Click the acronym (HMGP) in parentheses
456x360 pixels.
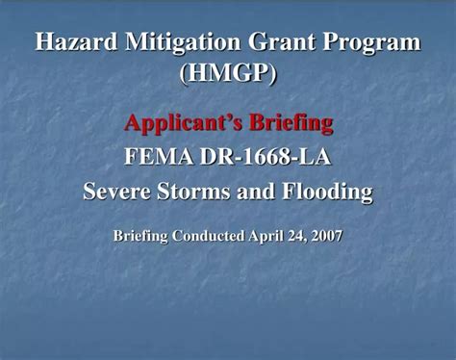tap(228, 74)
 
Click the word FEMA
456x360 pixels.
tap(160, 157)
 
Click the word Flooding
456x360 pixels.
tap(324, 192)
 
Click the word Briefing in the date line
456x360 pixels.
tap(139, 235)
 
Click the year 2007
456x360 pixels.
tap(327, 235)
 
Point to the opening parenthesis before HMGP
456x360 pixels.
tap(183, 74)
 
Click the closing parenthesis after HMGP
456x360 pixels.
tap(273, 74)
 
